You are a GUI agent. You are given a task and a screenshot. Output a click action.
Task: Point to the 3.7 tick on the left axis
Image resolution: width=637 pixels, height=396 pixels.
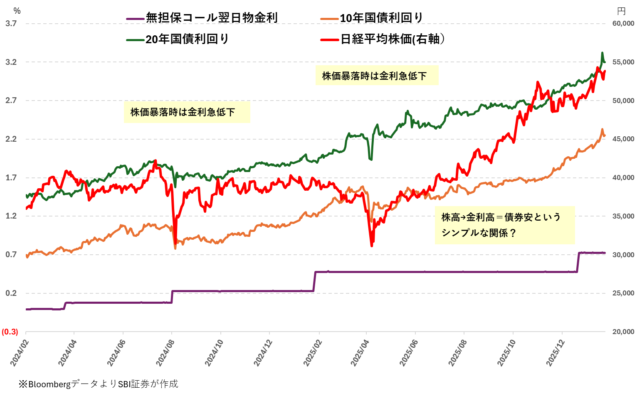pos(11,23)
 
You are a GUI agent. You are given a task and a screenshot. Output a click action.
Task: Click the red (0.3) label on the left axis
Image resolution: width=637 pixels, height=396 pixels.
pos(10,332)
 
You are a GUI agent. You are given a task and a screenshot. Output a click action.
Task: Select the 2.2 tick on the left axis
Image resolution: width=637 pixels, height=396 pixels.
pos(11,139)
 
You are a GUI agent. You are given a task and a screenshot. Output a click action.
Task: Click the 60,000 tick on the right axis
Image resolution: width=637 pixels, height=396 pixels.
pos(623,23)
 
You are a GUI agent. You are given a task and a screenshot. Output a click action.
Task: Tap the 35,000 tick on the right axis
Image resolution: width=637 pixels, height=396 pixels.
pos(623,216)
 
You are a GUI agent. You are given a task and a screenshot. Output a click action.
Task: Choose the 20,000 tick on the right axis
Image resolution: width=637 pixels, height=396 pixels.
pos(623,332)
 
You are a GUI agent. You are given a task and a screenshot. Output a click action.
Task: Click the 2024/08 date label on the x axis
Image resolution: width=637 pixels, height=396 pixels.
pos(165,353)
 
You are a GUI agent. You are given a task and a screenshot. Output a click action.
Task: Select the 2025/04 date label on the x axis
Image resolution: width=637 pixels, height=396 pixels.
pos(360,353)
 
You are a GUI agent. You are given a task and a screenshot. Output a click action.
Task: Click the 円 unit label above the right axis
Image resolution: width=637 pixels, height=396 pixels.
pos(621,11)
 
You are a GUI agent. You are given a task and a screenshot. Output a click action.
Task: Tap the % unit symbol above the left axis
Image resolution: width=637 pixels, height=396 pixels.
pos(17,11)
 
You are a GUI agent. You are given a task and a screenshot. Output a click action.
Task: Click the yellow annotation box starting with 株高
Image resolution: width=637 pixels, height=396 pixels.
pos(504,225)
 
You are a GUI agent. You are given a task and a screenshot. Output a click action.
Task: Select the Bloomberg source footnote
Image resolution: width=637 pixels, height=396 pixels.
pos(98,384)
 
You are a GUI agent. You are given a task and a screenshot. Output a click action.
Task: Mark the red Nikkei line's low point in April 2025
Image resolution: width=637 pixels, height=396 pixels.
pos(371,246)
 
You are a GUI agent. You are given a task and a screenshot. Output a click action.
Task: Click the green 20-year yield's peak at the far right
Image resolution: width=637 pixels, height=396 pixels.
pos(602,53)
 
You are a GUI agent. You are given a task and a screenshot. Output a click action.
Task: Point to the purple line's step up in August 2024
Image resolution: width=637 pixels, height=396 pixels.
pos(172,296)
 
